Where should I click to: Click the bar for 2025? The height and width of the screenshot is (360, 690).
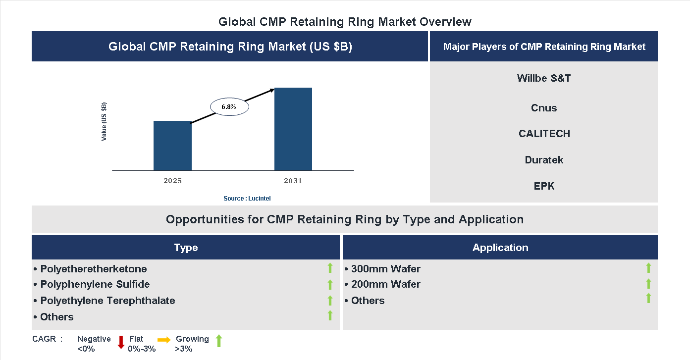[x=172, y=146]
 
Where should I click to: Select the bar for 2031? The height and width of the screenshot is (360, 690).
[x=293, y=129]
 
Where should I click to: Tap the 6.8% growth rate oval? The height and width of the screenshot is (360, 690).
[x=229, y=106]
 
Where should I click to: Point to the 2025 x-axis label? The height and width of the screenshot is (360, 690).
[x=172, y=181]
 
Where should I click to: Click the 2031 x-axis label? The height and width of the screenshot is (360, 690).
[x=293, y=181]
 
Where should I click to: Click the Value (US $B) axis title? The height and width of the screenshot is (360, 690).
[x=104, y=122]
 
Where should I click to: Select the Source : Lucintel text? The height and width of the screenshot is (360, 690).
[x=247, y=198]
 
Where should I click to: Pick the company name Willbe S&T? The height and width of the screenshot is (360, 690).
[x=543, y=78]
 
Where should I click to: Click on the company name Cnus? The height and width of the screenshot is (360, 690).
[x=543, y=108]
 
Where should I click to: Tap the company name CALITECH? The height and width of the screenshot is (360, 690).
[x=544, y=134]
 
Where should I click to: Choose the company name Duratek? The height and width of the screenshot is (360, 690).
[x=544, y=160]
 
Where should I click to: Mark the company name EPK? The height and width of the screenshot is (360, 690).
[x=544, y=186]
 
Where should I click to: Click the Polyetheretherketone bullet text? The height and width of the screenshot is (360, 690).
[x=93, y=269]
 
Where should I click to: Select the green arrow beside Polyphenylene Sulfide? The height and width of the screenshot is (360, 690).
[x=330, y=284]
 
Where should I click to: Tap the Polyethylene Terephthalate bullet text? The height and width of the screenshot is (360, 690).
[x=107, y=301]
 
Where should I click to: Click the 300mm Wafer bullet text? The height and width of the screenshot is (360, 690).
[x=385, y=269]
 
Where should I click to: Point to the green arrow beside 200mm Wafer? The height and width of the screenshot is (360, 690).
[x=648, y=284]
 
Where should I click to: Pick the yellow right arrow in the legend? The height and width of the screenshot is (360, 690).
[x=164, y=340]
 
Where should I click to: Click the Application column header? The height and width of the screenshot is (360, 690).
[x=500, y=248]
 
